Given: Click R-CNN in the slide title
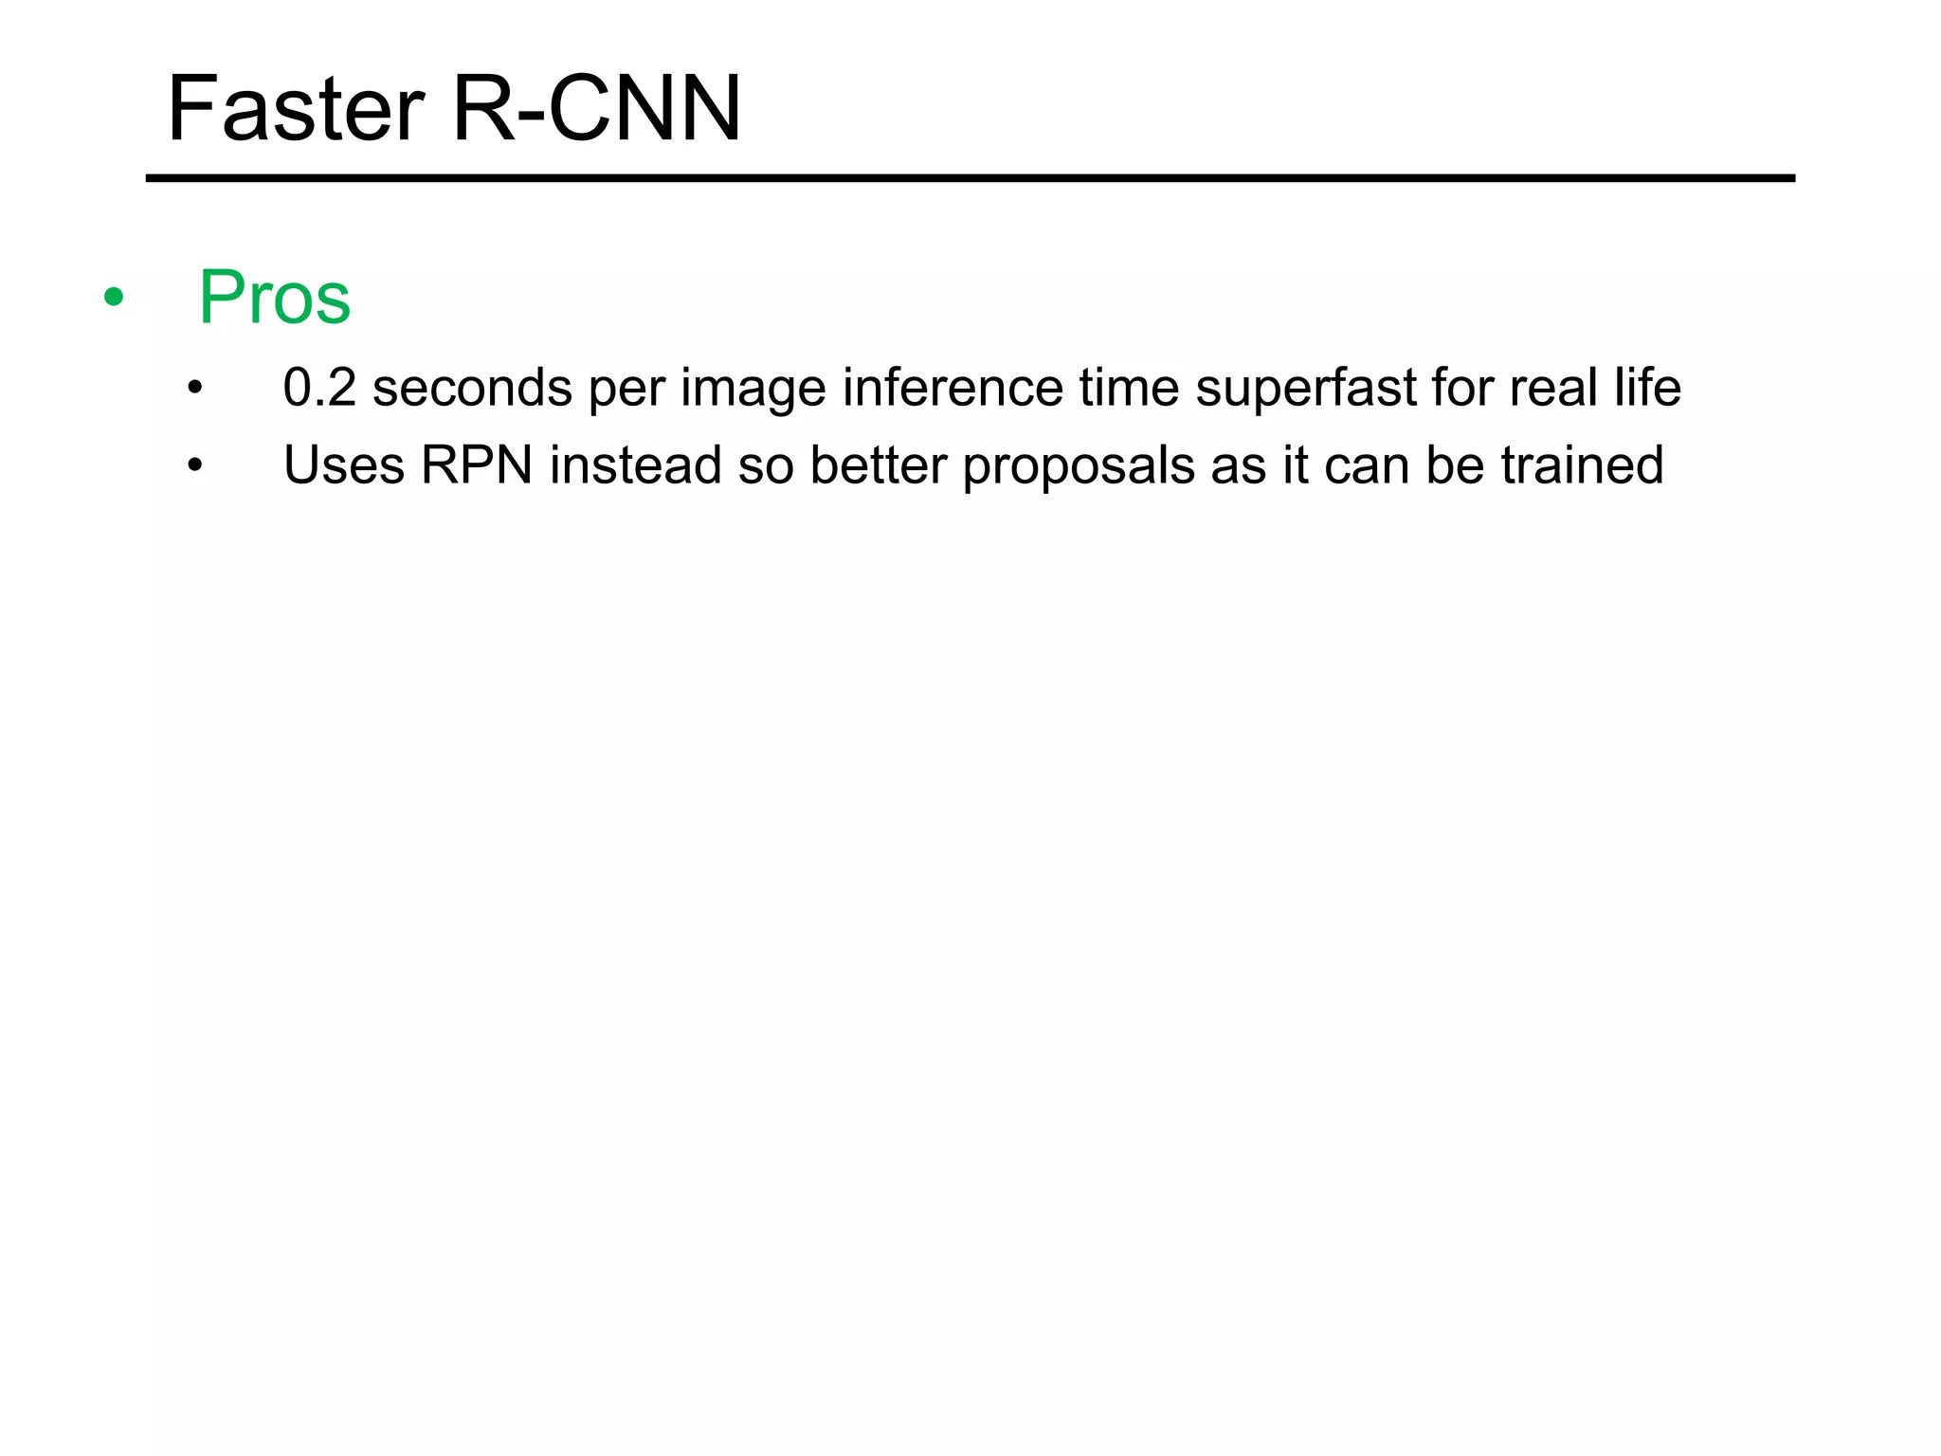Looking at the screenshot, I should click(x=597, y=110).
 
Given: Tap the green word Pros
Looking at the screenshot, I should click(x=275, y=298).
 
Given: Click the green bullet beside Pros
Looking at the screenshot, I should click(x=114, y=299).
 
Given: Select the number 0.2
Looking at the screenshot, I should click(x=319, y=388).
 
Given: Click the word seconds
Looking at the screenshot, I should click(x=472, y=388).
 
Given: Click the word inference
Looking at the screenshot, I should click(x=952, y=388).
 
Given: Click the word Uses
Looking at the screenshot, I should click(x=344, y=465).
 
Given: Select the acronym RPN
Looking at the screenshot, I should click(x=477, y=465).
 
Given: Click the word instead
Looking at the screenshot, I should click(x=636, y=465).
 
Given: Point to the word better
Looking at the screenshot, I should click(x=879, y=465).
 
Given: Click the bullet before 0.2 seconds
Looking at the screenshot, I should click(x=195, y=389).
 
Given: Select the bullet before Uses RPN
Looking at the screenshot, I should click(x=195, y=466).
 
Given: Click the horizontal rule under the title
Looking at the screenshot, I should click(x=970, y=178).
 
